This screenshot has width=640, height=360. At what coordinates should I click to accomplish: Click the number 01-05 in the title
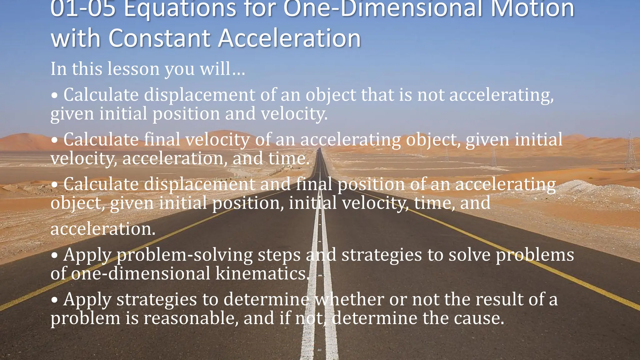pyautogui.click(x=83, y=9)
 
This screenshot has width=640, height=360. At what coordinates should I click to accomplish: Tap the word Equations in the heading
pyautogui.click(x=180, y=9)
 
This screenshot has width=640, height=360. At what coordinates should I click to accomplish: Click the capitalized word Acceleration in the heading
pyautogui.click(x=289, y=38)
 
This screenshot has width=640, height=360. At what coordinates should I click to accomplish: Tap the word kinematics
pyautogui.click(x=262, y=273)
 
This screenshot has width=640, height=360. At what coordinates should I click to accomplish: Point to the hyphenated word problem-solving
pyautogui.click(x=184, y=255)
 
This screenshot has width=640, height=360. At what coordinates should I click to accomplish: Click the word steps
pyautogui.click(x=279, y=255)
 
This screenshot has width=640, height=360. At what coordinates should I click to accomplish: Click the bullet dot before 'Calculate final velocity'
pyautogui.click(x=55, y=140)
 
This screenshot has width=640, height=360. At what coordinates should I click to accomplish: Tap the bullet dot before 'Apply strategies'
pyautogui.click(x=55, y=300)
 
